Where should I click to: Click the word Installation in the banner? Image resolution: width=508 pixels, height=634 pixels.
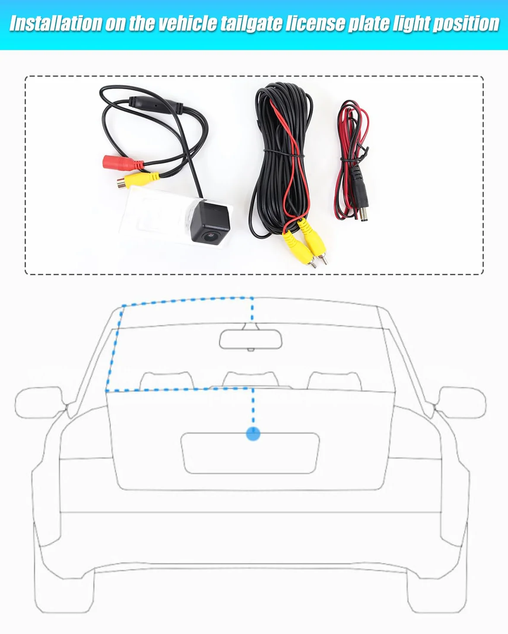pyautogui.click(x=55, y=23)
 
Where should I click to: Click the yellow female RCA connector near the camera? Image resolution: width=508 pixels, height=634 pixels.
pyautogui.click(x=138, y=180)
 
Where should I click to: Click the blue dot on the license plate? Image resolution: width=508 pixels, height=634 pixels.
pyautogui.click(x=253, y=434)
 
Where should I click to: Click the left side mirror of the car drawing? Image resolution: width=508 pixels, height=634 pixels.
pyautogui.click(x=38, y=402)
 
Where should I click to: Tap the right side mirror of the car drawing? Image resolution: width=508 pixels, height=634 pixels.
pyautogui.click(x=462, y=402)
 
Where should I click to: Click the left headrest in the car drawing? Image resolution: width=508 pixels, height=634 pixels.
pyautogui.click(x=167, y=381)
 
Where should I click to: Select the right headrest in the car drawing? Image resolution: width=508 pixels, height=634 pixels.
pyautogui.click(x=334, y=381)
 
